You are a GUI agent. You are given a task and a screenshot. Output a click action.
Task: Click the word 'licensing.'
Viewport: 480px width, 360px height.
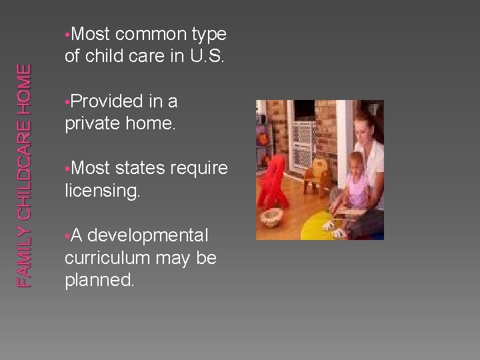pyautogui.click(x=103, y=191)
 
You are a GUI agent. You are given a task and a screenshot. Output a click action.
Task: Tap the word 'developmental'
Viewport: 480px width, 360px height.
pyautogui.click(x=147, y=236)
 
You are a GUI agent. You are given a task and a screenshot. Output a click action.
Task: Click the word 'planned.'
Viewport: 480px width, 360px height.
pyautogui.click(x=99, y=280)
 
